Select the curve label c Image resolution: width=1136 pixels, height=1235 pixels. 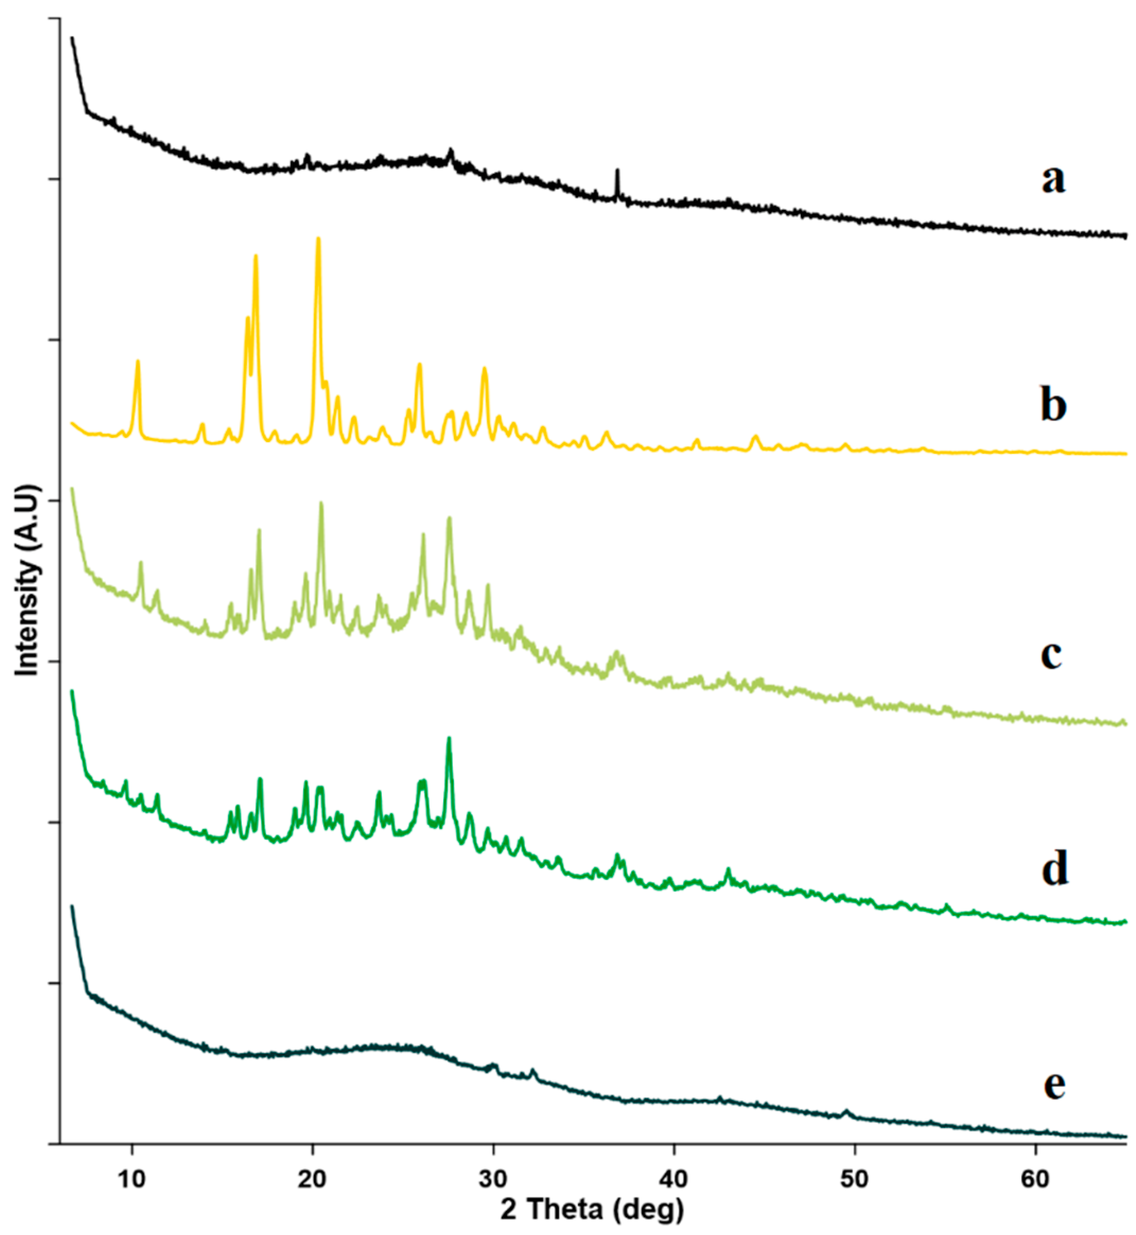point(1051,655)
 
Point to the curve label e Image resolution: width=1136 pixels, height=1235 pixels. point(1054,1084)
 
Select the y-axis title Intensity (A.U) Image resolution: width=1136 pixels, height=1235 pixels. point(28,580)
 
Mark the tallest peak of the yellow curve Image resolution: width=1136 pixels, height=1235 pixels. point(318,239)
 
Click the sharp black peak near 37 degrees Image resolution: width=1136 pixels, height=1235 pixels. point(617,171)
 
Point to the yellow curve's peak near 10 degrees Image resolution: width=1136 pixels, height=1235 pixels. point(138,362)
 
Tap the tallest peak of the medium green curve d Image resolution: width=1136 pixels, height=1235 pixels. point(449,739)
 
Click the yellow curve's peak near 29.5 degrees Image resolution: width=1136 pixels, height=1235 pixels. point(484,369)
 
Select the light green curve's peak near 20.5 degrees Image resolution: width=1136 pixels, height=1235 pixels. point(321,504)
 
